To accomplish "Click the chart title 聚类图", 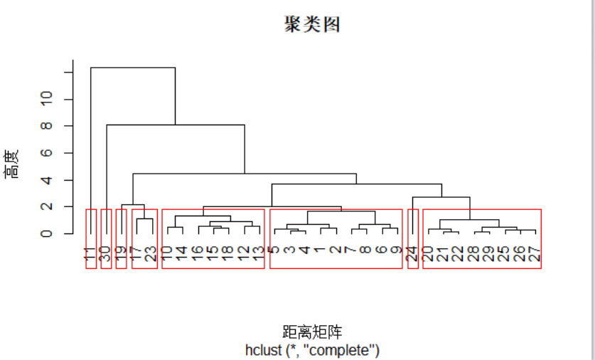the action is [312, 25].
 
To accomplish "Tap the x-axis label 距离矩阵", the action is [312, 332].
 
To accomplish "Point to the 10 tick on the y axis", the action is [47, 100].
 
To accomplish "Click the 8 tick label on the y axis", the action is [47, 126].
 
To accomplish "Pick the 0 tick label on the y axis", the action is [47, 233].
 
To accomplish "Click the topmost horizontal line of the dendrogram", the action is [133, 68].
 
